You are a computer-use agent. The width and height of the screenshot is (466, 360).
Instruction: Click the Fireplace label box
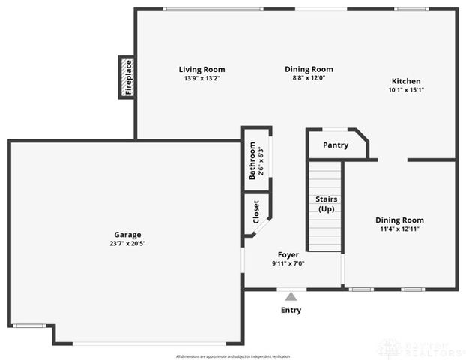127,77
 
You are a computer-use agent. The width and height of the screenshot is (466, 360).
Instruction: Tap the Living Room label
202,70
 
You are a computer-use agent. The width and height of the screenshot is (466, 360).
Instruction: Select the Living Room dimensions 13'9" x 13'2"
202,78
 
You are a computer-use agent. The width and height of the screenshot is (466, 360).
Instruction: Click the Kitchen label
406,82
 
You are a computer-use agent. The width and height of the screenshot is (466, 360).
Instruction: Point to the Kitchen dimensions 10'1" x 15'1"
406,90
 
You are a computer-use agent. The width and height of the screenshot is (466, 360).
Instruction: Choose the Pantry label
336,145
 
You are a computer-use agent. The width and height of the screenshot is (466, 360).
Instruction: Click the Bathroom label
252,161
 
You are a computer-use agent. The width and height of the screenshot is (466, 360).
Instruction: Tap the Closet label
256,213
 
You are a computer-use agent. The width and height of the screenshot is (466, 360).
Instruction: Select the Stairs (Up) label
326,204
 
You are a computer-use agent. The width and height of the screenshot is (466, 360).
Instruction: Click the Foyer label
288,255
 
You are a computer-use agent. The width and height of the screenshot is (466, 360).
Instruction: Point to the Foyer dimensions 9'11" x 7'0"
288,263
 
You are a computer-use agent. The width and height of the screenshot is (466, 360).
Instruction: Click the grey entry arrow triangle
291,296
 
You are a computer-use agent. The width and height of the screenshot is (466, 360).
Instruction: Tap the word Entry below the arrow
291,310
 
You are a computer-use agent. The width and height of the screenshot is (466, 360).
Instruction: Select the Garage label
127,235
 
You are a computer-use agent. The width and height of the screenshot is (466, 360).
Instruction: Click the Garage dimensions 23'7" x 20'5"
127,243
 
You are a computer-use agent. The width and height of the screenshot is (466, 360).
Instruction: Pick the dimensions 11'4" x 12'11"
399,229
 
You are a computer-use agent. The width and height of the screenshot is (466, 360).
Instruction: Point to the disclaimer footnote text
232,355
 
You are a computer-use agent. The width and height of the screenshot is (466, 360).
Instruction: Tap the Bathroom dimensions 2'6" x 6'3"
261,161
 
